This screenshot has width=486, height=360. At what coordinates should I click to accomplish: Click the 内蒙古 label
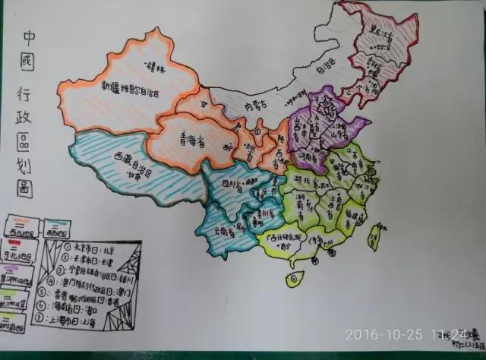[x=248, y=106]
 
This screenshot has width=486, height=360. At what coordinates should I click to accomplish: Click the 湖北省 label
[x=312, y=182]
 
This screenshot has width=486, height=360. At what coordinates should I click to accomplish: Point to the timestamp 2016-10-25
[x=381, y=333]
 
